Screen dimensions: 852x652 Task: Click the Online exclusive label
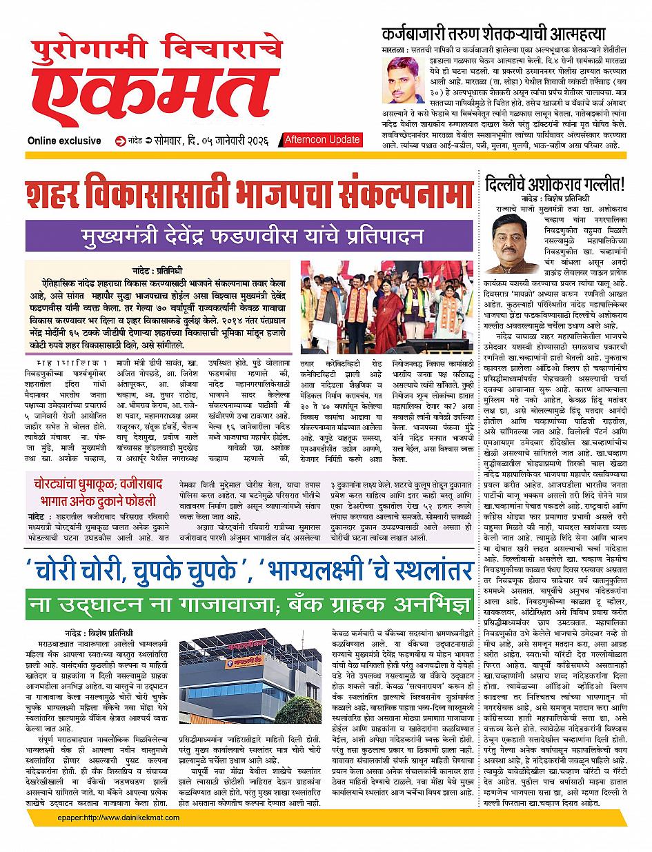click(x=64, y=141)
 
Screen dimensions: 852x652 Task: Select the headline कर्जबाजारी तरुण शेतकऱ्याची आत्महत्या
click(x=493, y=33)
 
